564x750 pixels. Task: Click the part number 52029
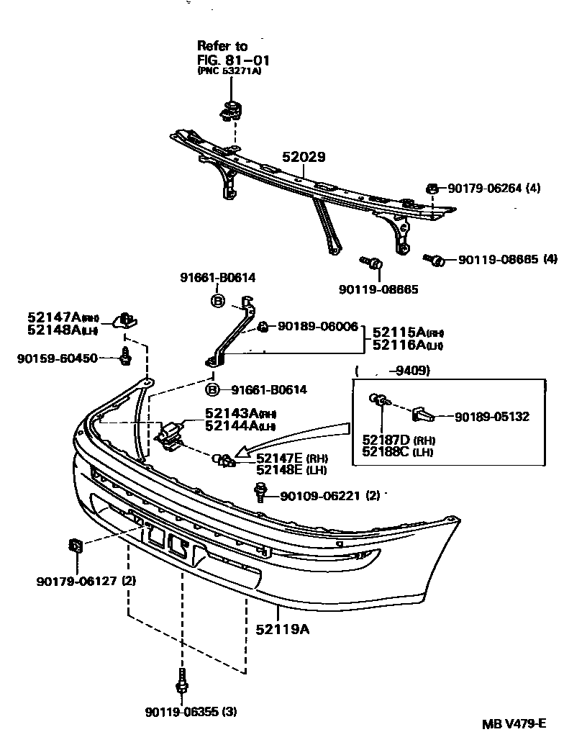(x=304, y=157)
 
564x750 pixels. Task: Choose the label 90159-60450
(x=58, y=358)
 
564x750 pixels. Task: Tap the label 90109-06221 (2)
(x=330, y=496)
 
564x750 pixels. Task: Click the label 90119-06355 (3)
(x=190, y=712)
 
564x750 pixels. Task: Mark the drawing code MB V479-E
(x=514, y=724)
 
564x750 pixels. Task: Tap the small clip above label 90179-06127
(x=74, y=546)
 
